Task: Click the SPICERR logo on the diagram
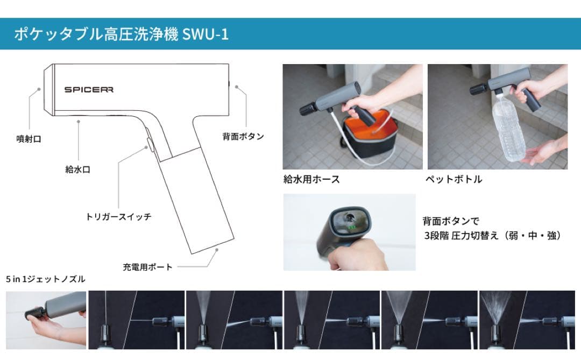89,90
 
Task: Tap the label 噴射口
29,139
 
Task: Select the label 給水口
78,170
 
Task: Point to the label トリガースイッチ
118,217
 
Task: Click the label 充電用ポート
147,267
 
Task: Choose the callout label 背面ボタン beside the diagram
243,136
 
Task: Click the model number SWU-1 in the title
206,34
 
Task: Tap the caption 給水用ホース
311,180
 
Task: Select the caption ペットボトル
454,180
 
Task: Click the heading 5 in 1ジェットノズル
46,279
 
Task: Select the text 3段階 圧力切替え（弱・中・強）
492,235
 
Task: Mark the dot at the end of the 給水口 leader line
79,122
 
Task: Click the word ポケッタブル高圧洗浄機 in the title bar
97,34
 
